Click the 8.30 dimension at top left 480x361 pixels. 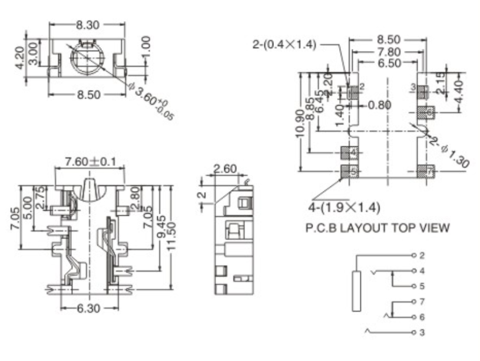[87, 25]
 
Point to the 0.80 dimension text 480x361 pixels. [379, 105]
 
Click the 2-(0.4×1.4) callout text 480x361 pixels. [284, 44]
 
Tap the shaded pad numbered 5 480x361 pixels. [352, 172]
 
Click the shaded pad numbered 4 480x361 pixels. [352, 153]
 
